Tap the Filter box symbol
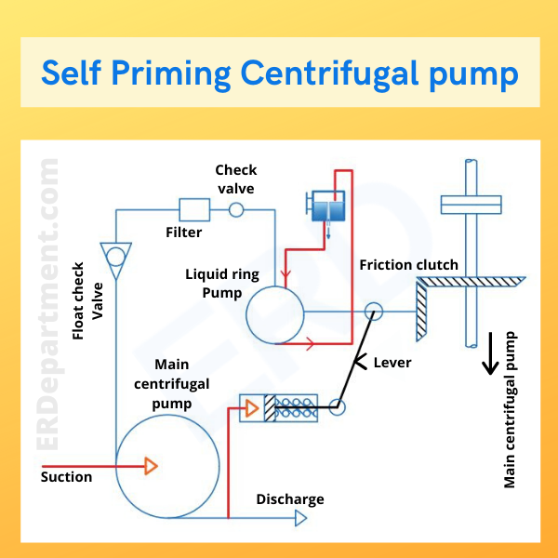tap(195, 210)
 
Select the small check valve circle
tap(236, 210)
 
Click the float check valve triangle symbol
tap(116, 254)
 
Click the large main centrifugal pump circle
tap(167, 465)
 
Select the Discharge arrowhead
tap(300, 519)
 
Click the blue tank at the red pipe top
tap(325, 206)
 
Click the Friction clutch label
tap(408, 265)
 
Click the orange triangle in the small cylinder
tap(251, 407)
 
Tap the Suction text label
tap(66, 477)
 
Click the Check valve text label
tap(234, 179)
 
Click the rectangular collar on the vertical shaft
tap(472, 202)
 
